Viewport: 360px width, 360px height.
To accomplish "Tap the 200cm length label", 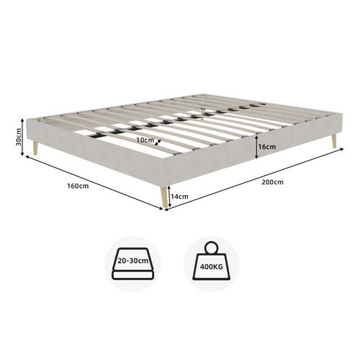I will coord(272,183).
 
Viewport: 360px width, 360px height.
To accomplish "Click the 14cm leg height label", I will coord(180,196).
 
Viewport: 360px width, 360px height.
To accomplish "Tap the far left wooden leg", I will coord(35,148).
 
